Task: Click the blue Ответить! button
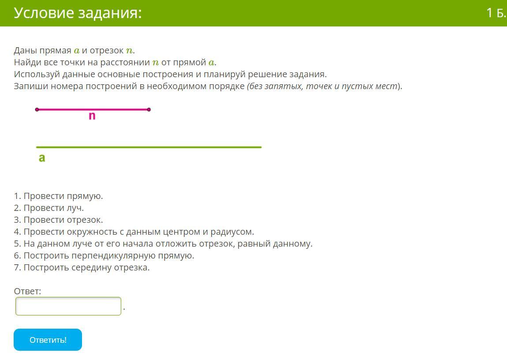(x=48, y=340)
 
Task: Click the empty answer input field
(x=68, y=306)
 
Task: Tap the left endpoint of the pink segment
(x=37, y=110)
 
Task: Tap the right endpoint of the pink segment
(x=149, y=110)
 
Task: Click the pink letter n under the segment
(x=92, y=116)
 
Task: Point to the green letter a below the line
(x=42, y=158)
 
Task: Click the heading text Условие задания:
(x=78, y=13)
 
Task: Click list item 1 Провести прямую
(x=59, y=196)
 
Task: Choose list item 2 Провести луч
(x=49, y=208)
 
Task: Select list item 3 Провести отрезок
(x=59, y=220)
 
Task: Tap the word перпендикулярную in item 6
(x=113, y=255)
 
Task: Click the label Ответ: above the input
(x=27, y=291)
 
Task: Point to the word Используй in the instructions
(x=37, y=75)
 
